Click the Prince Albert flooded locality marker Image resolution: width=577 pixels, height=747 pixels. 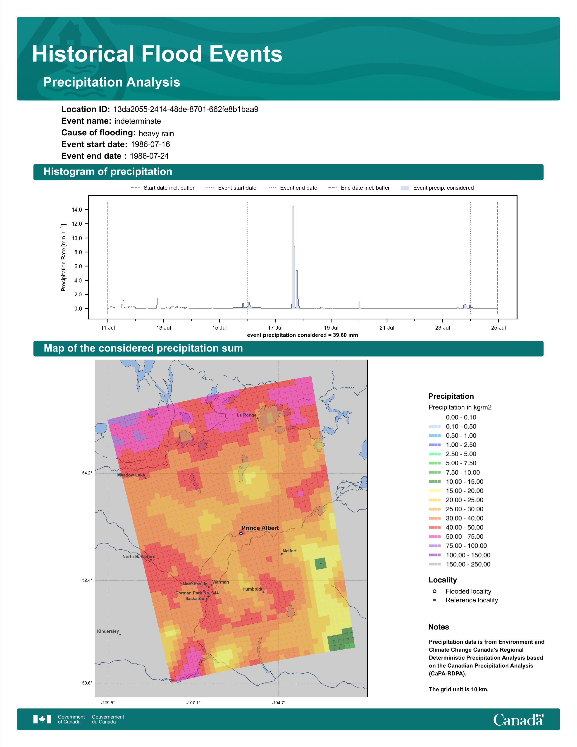[x=241, y=533]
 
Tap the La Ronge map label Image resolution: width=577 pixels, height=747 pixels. [x=246, y=415]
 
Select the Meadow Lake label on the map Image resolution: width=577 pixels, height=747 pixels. [x=131, y=475]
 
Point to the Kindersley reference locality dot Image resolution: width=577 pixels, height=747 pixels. [x=120, y=634]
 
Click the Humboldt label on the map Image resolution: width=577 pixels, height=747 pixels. [x=253, y=589]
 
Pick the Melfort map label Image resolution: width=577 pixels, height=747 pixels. [x=290, y=551]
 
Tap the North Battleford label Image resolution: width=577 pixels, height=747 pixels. [x=139, y=556]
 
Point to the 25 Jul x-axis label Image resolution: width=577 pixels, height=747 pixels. [x=498, y=328]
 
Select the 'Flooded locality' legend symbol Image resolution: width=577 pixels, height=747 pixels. [x=434, y=591]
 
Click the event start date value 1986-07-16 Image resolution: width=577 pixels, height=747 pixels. [x=150, y=144]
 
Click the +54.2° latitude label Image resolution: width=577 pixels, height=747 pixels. [x=86, y=473]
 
